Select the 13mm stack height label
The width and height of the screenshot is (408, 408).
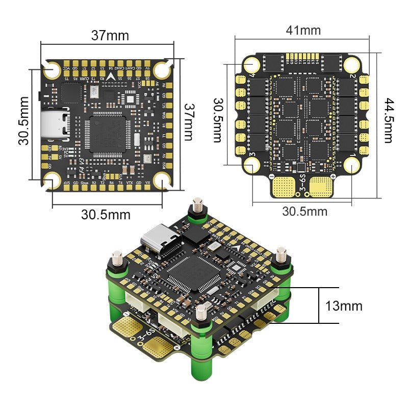click(x=344, y=306)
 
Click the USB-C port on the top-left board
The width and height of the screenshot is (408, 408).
click(x=57, y=125)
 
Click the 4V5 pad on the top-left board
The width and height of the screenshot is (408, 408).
click(x=67, y=182)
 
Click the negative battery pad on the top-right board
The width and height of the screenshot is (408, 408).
click(x=283, y=187)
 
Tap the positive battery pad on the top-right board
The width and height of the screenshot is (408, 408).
click(x=320, y=187)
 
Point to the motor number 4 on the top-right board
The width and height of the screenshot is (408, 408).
click(x=252, y=76)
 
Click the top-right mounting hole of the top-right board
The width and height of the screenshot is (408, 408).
click(x=351, y=64)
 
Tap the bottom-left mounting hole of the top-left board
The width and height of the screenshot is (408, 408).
click(x=52, y=180)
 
